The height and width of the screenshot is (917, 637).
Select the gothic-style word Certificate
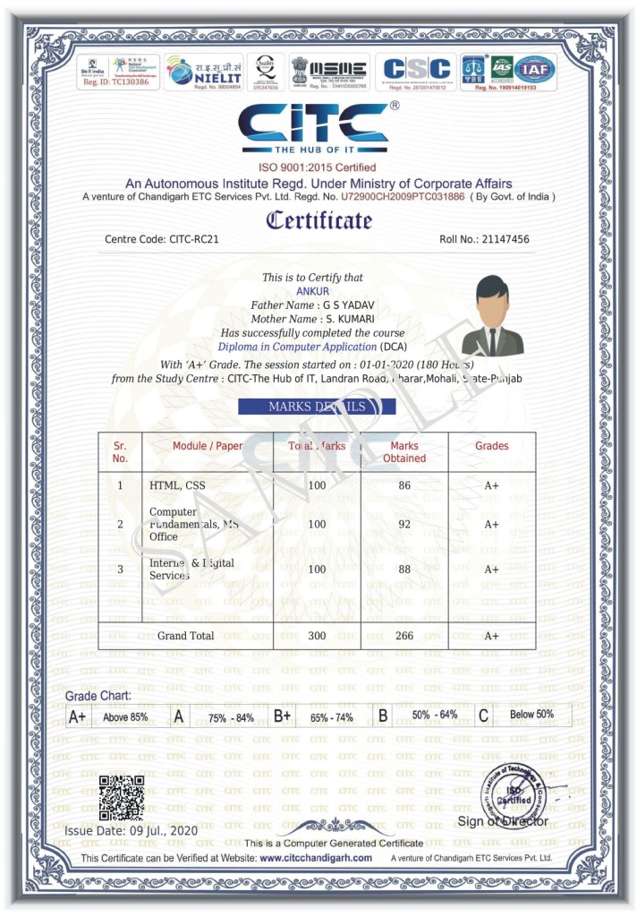click(318, 219)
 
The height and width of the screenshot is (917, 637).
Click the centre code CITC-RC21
click(193, 240)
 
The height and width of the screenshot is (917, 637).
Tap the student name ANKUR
click(312, 291)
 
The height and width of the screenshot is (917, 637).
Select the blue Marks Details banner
click(317, 407)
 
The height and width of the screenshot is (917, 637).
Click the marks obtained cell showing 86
click(404, 485)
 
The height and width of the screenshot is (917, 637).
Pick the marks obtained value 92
click(404, 524)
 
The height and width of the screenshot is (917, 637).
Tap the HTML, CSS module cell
click(177, 485)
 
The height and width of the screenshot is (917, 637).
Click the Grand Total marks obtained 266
click(404, 636)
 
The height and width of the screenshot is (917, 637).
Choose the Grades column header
click(491, 445)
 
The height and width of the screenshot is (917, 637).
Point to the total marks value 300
click(317, 636)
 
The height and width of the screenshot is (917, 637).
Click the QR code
click(121, 798)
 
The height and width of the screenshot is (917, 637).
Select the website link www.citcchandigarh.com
click(316, 858)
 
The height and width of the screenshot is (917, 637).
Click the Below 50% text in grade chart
click(532, 715)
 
